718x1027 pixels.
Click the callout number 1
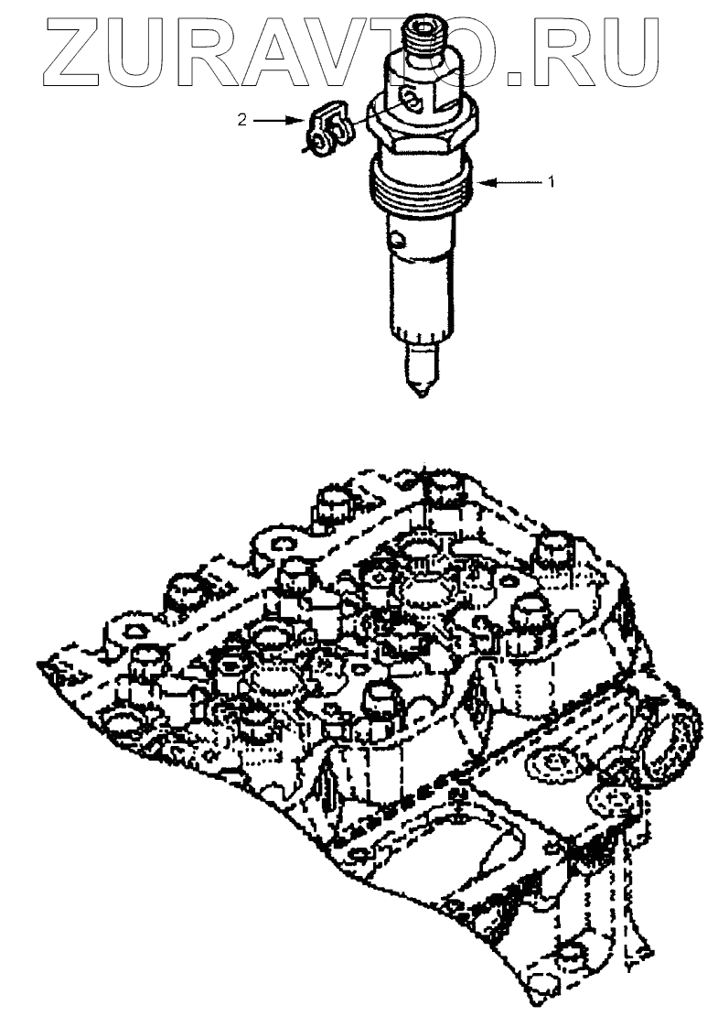tap(552, 182)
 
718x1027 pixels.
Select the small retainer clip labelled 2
tap(328, 132)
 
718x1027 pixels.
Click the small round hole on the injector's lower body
tap(396, 242)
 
